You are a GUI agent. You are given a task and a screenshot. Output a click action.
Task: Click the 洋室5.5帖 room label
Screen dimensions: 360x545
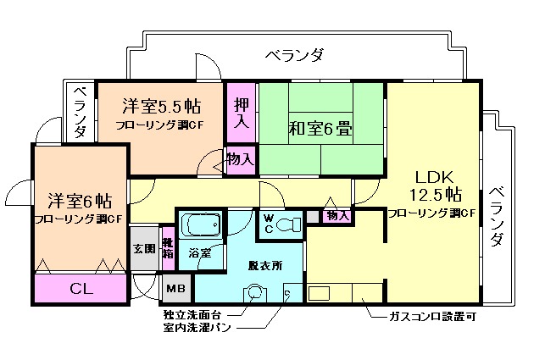click(161, 107)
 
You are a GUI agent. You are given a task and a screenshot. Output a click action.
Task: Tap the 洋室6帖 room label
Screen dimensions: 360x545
click(79, 201)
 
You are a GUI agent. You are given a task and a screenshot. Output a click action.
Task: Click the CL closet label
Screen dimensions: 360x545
click(83, 289)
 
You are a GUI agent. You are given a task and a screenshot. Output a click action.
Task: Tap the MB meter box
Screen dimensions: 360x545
click(176, 290)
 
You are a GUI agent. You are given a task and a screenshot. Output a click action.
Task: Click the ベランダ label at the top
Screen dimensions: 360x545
click(293, 56)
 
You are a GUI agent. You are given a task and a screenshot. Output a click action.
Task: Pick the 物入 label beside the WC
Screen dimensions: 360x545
click(337, 217)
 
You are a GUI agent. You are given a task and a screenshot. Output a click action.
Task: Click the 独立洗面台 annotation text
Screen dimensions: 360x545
click(197, 313)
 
